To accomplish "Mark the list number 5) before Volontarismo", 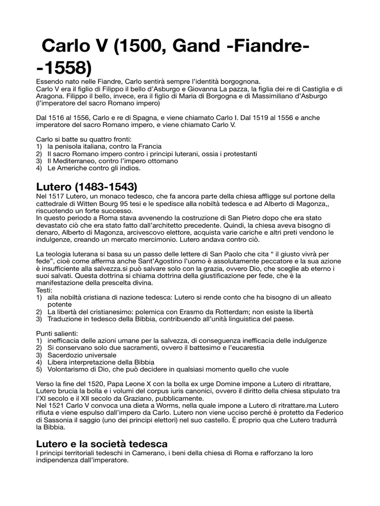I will pos(40,369).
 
